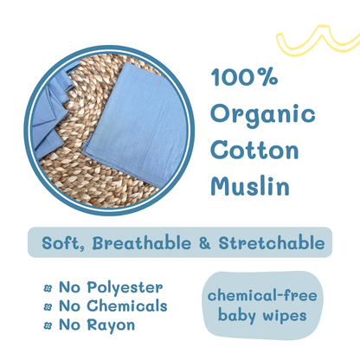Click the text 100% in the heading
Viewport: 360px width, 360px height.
click(244, 77)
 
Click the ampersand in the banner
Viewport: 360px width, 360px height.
click(203, 243)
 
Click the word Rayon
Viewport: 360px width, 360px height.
click(111, 325)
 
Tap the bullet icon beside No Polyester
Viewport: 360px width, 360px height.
click(48, 288)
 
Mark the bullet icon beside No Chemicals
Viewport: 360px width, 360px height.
click(48, 306)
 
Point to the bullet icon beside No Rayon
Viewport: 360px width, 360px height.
click(48, 325)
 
